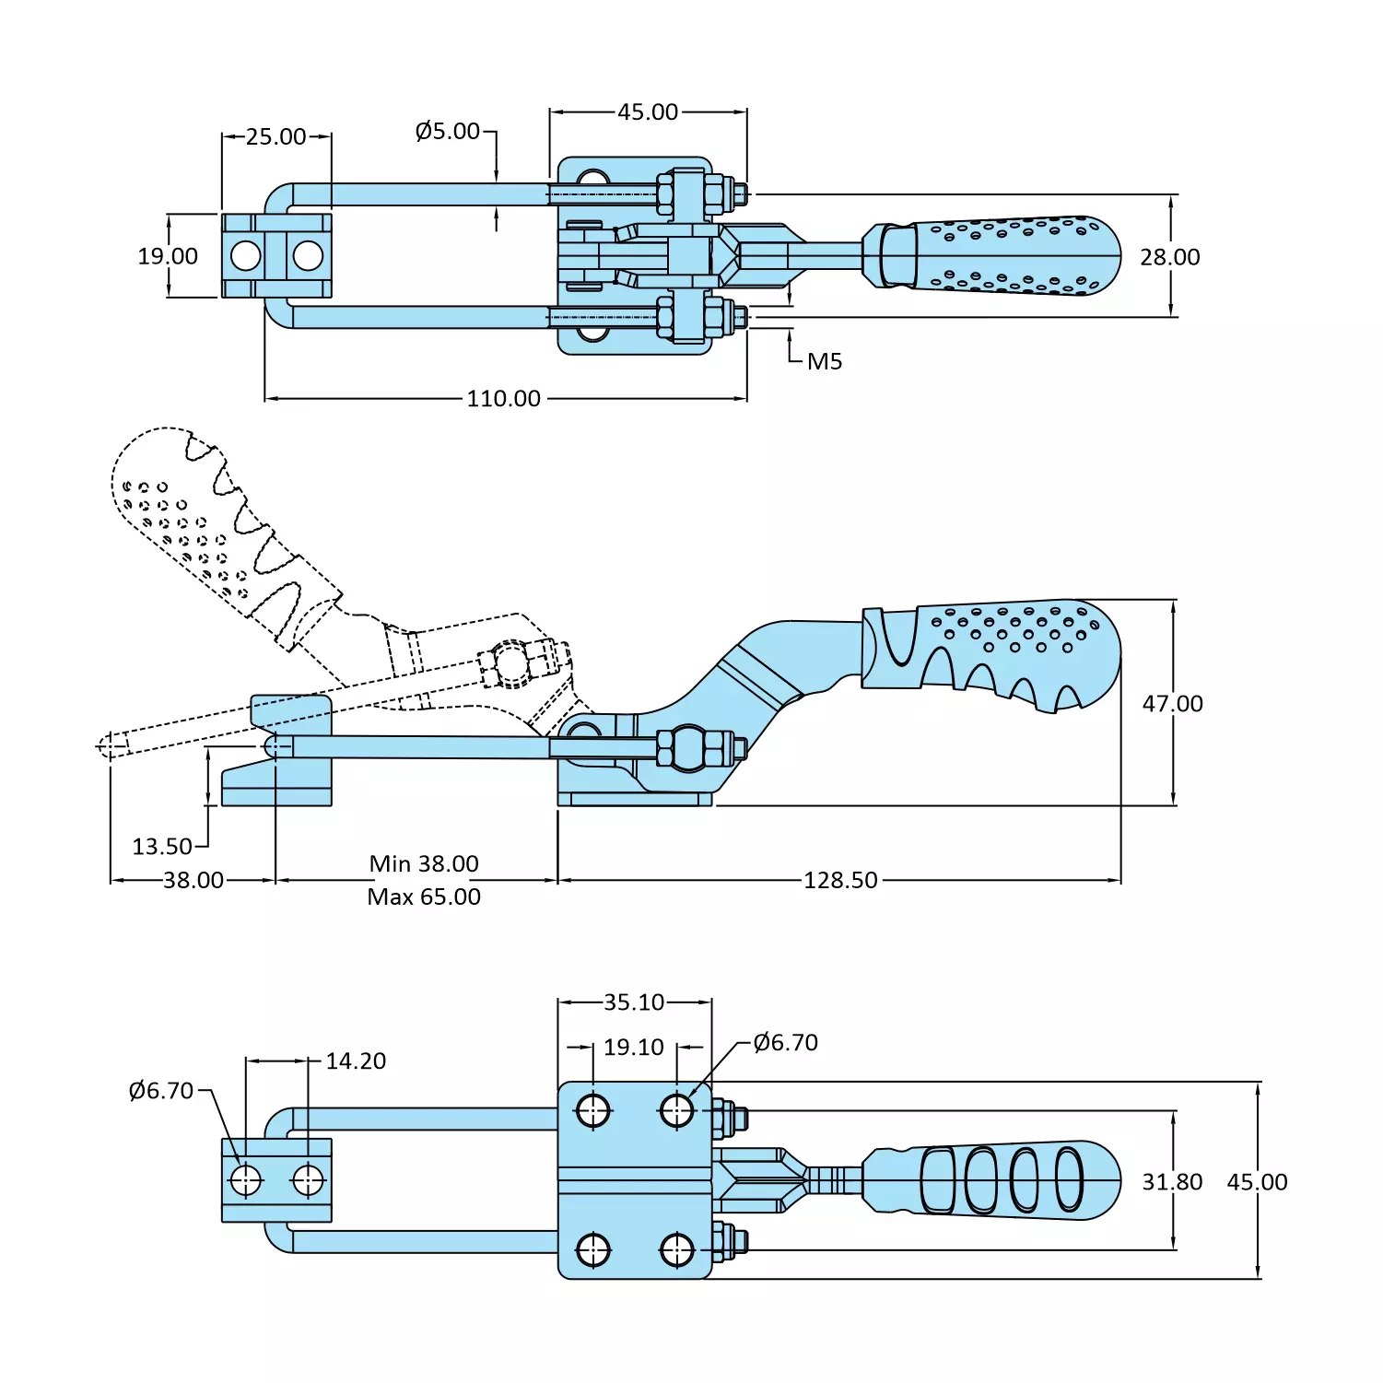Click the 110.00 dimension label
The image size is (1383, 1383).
click(503, 399)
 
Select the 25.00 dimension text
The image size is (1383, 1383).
click(275, 137)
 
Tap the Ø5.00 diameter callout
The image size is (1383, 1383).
click(448, 132)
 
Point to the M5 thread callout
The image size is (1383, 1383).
click(825, 362)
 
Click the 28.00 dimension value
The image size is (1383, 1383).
click(1169, 258)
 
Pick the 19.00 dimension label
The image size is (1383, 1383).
click(168, 257)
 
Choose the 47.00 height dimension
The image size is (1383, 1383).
click(1172, 704)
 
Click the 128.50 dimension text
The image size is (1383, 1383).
click(840, 881)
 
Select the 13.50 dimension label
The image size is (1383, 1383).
click(162, 847)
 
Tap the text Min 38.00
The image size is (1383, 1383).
click(424, 864)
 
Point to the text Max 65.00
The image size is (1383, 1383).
click(424, 897)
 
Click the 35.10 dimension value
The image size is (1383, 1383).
click(634, 1002)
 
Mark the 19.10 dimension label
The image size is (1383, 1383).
click(634, 1048)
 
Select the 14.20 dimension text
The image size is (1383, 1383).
click(356, 1061)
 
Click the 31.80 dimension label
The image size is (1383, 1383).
click(1172, 1182)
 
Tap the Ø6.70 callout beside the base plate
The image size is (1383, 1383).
click(785, 1043)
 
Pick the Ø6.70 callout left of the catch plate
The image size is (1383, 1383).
click(161, 1091)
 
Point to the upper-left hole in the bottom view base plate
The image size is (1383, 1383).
click(593, 1110)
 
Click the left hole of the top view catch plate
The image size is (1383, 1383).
click(246, 255)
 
